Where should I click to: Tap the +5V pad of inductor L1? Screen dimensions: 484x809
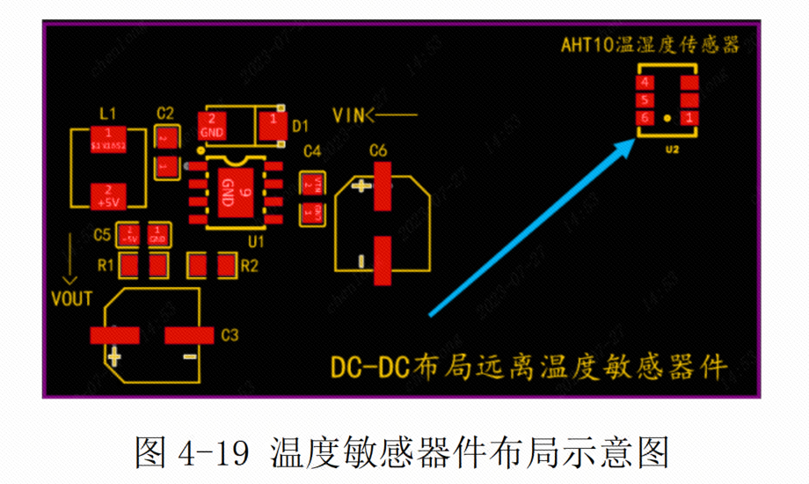[107, 194]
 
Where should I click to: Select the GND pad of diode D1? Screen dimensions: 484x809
[213, 125]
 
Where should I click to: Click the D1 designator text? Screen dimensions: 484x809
[300, 124]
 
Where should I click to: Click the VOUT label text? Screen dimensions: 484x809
[72, 297]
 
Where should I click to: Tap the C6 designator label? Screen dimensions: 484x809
[379, 150]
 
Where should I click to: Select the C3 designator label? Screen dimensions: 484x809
[230, 334]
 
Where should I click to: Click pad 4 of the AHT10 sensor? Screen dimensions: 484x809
[646, 82]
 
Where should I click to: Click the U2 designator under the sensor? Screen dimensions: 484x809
[672, 150]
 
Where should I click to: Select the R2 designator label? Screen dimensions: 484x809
[250, 265]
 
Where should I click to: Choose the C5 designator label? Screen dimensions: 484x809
[102, 235]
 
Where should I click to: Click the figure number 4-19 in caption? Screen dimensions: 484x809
[214, 453]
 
